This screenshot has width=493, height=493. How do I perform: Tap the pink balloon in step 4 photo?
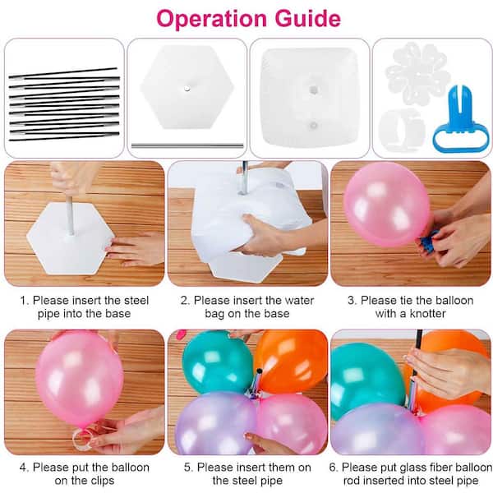[x=79, y=377]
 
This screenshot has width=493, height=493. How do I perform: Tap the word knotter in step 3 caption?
[x=428, y=314]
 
